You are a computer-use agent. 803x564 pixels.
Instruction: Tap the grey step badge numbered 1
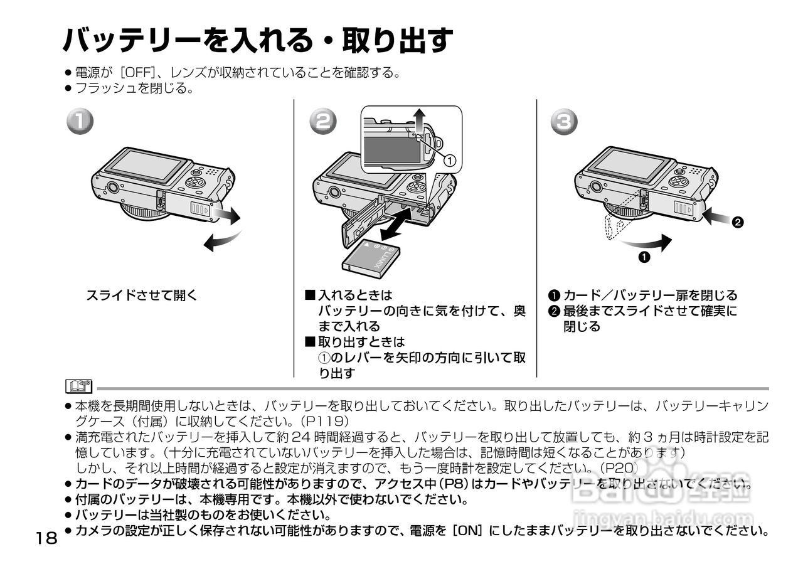point(81,122)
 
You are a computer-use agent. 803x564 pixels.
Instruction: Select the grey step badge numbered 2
point(322,122)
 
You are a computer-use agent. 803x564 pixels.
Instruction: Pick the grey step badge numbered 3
point(564,122)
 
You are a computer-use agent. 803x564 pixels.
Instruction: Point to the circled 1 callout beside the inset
point(449,160)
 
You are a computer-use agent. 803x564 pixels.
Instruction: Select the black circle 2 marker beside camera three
point(738,222)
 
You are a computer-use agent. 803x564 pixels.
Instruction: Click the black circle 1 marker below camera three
point(644,257)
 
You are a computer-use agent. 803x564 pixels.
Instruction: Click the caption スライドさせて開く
point(141,295)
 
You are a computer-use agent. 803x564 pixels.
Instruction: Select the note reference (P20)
point(618,468)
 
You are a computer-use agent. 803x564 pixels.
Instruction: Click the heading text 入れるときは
point(355,295)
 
